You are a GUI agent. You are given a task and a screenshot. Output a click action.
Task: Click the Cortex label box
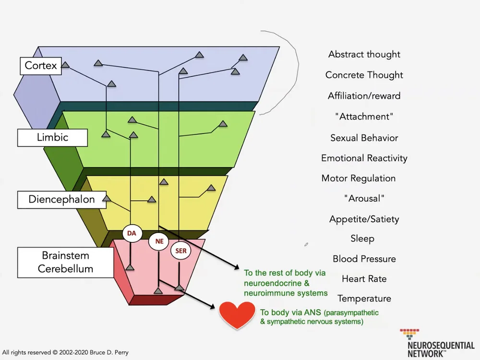pos(41,66)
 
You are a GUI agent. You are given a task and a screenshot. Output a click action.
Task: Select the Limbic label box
pos(52,137)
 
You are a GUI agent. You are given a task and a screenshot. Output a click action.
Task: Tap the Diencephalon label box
pos(61,199)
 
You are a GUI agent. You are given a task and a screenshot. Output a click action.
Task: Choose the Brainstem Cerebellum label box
pos(65,262)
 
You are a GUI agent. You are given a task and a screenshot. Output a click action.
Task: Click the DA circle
pos(132,234)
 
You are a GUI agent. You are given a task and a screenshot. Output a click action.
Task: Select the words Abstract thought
pos(364,54)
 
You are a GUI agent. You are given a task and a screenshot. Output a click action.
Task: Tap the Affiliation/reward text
pos(364,96)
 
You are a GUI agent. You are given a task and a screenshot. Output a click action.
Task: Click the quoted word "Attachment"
pos(364,117)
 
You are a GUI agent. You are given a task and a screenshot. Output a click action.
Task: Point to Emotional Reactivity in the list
pos(364,158)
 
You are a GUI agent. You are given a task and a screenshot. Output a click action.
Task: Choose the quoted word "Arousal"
pos(364,198)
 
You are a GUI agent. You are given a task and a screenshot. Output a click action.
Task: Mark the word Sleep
pos(362,239)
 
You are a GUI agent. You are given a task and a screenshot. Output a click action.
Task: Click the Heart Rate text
pos(364,279)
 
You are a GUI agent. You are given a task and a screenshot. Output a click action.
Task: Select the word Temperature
pos(364,299)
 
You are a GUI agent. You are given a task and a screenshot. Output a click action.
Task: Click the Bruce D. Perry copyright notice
pos(65,352)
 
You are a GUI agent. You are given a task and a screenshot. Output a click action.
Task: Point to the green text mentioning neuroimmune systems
pos(286,283)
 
